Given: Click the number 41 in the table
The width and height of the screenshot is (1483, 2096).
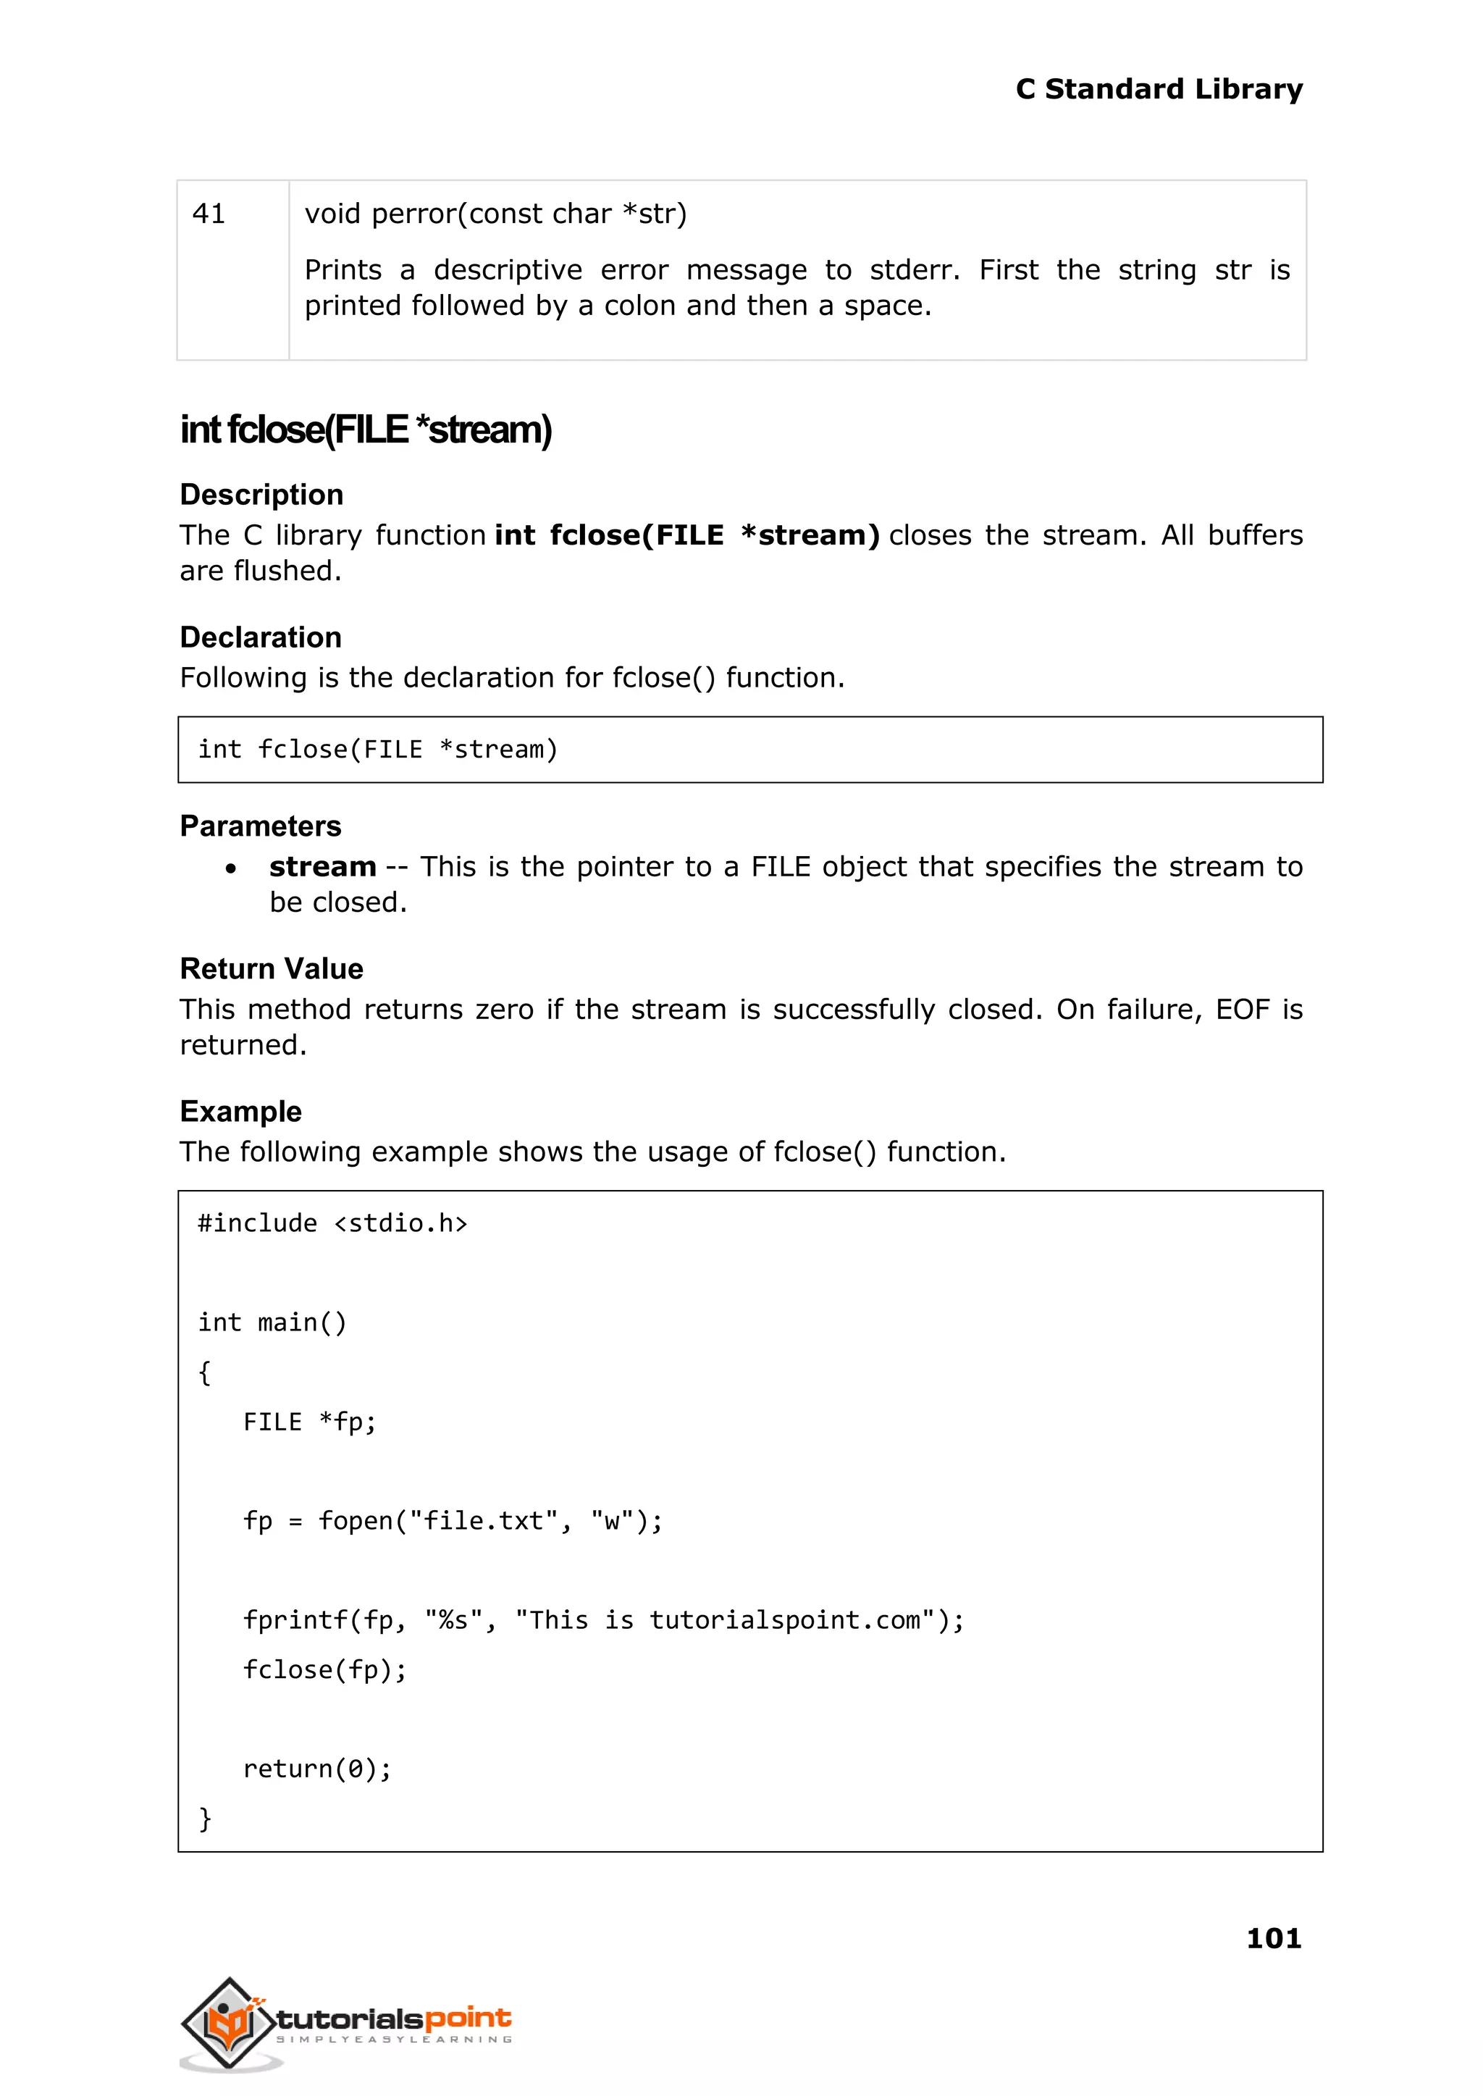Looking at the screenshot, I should point(209,214).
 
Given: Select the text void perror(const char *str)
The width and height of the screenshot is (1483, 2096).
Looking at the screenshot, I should point(495,214).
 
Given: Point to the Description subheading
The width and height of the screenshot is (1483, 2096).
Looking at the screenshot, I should point(261,494).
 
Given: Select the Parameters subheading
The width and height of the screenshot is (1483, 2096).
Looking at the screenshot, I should point(260,826).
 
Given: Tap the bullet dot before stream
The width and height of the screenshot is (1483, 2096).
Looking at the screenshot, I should point(231,868).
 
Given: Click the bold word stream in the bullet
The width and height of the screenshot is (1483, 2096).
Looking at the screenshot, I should point(322,867).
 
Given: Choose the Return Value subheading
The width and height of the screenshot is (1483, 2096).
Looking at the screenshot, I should point(272,968).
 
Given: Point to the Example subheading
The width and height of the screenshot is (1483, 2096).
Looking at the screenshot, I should point(240,1112).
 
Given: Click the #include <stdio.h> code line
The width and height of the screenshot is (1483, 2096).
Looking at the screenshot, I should point(332,1223).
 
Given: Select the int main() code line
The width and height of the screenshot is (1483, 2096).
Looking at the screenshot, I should point(272,1322).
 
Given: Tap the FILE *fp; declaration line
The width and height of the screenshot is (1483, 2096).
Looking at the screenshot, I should point(310,1422).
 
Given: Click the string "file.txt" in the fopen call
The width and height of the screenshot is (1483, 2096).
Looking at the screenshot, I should point(483,1521).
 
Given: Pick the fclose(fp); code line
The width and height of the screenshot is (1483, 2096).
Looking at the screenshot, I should point(324,1669).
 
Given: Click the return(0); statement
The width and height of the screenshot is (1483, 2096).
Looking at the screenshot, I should point(317,1769).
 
